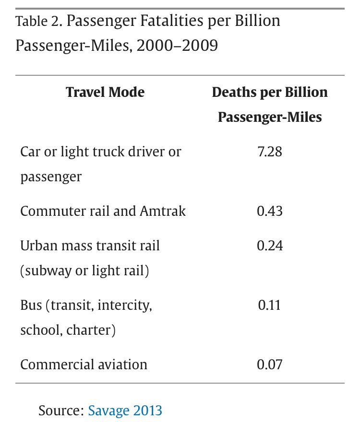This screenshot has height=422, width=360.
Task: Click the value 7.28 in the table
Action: point(269,152)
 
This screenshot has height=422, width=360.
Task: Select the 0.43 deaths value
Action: point(269,211)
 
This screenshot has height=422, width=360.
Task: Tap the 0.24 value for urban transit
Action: point(269,246)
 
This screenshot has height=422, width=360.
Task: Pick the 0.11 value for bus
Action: point(269,305)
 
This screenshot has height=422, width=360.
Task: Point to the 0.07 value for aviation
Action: point(269,364)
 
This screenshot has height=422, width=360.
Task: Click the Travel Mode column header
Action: point(105,92)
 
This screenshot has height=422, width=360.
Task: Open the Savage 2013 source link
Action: point(125,410)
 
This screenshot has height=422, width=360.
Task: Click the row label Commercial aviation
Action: point(84,364)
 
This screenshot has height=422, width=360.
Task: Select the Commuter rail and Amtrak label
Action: point(103,211)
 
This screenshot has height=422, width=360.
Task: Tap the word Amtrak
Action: point(161,211)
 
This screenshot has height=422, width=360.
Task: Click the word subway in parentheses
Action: point(49,271)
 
